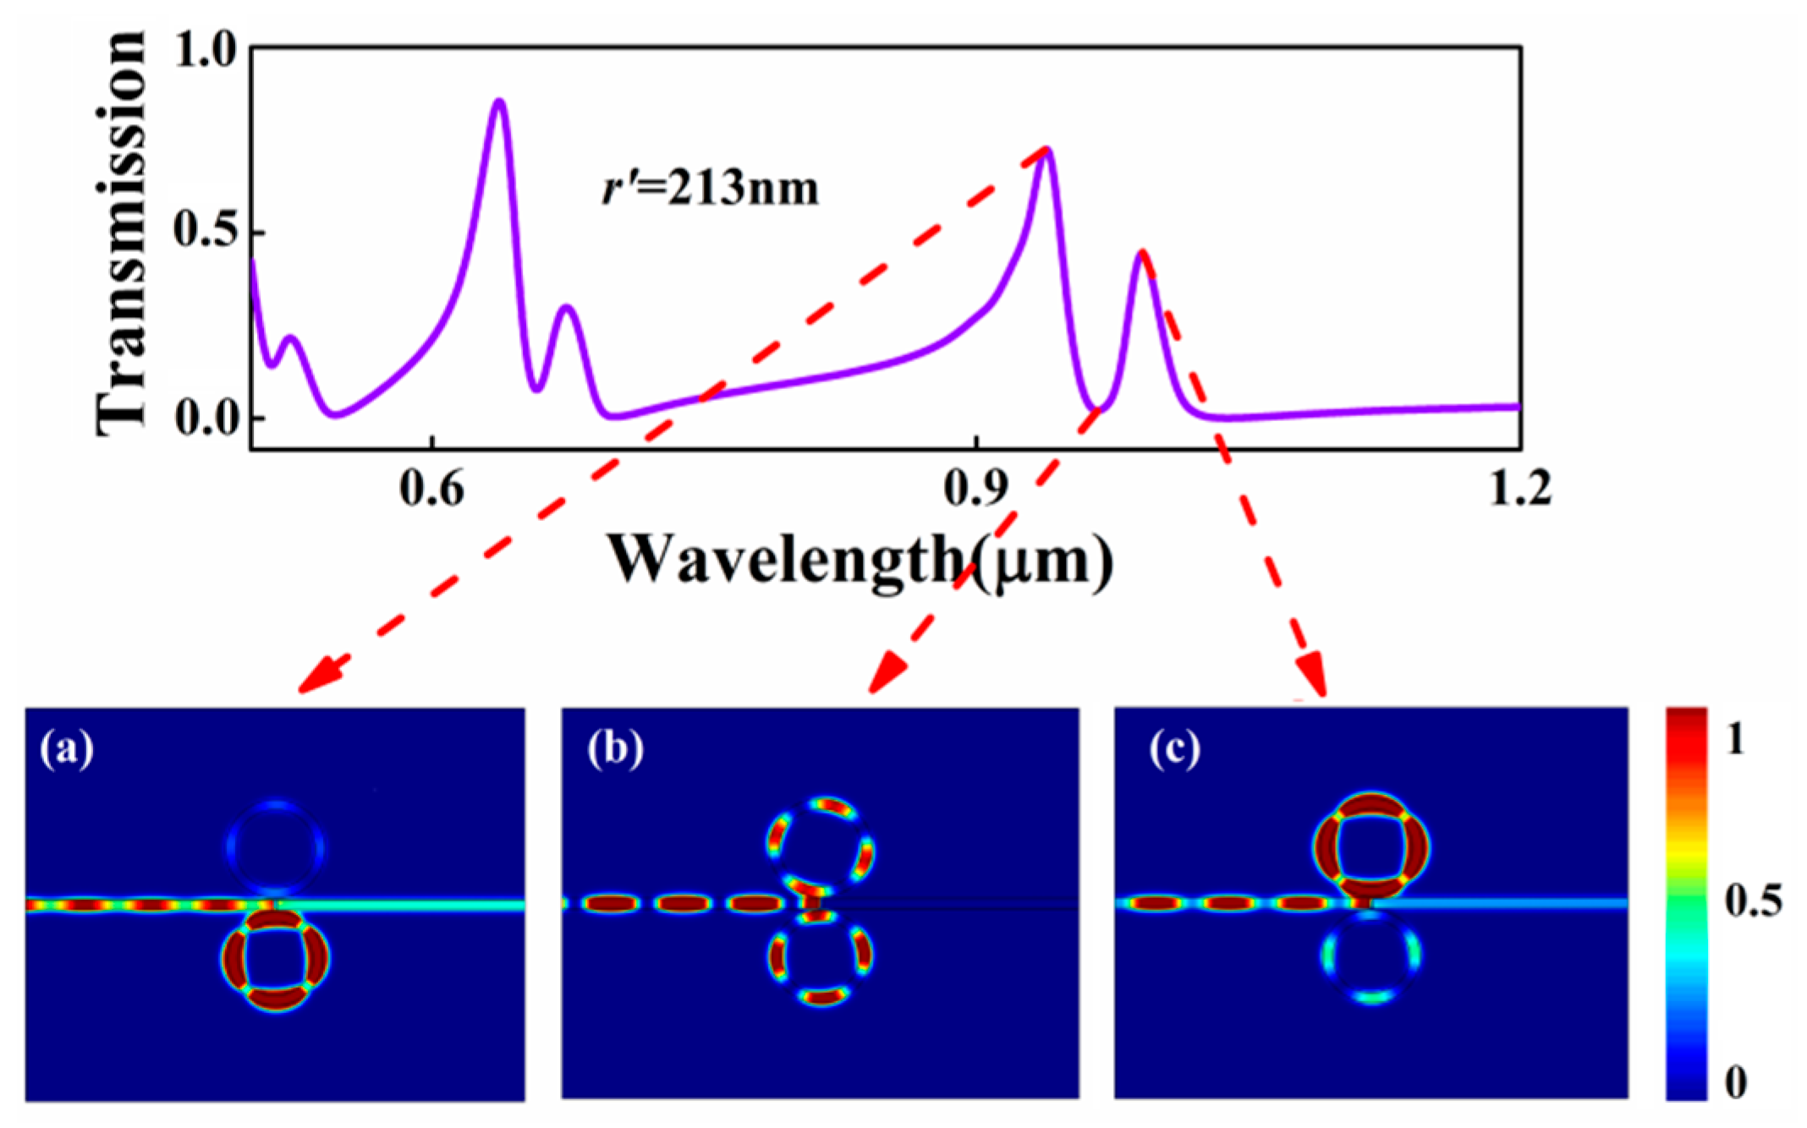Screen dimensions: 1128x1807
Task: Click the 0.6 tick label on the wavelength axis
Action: (431, 488)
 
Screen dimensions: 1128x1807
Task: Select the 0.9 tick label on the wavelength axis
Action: (976, 488)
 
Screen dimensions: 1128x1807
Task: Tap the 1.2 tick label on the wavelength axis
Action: (1519, 488)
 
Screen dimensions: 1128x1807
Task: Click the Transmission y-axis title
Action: (120, 233)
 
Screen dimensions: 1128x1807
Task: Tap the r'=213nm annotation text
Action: (710, 188)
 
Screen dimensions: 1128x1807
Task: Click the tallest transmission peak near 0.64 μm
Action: (499, 101)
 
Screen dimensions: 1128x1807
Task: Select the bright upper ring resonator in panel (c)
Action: (1370, 846)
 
